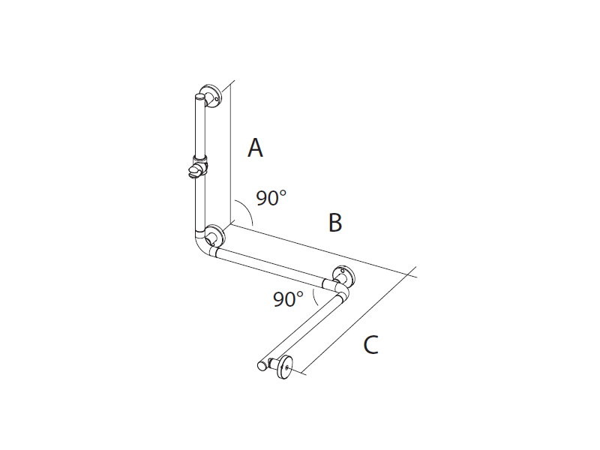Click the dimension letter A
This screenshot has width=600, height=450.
click(x=255, y=148)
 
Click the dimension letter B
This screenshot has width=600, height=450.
click(x=335, y=222)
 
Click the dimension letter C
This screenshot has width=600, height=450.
click(x=370, y=345)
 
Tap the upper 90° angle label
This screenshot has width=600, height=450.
click(x=271, y=198)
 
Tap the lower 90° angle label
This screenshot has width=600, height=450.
click(x=288, y=298)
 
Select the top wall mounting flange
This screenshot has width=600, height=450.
click(x=213, y=96)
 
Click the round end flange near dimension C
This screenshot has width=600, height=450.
click(x=284, y=367)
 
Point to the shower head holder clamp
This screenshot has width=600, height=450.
click(x=198, y=169)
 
